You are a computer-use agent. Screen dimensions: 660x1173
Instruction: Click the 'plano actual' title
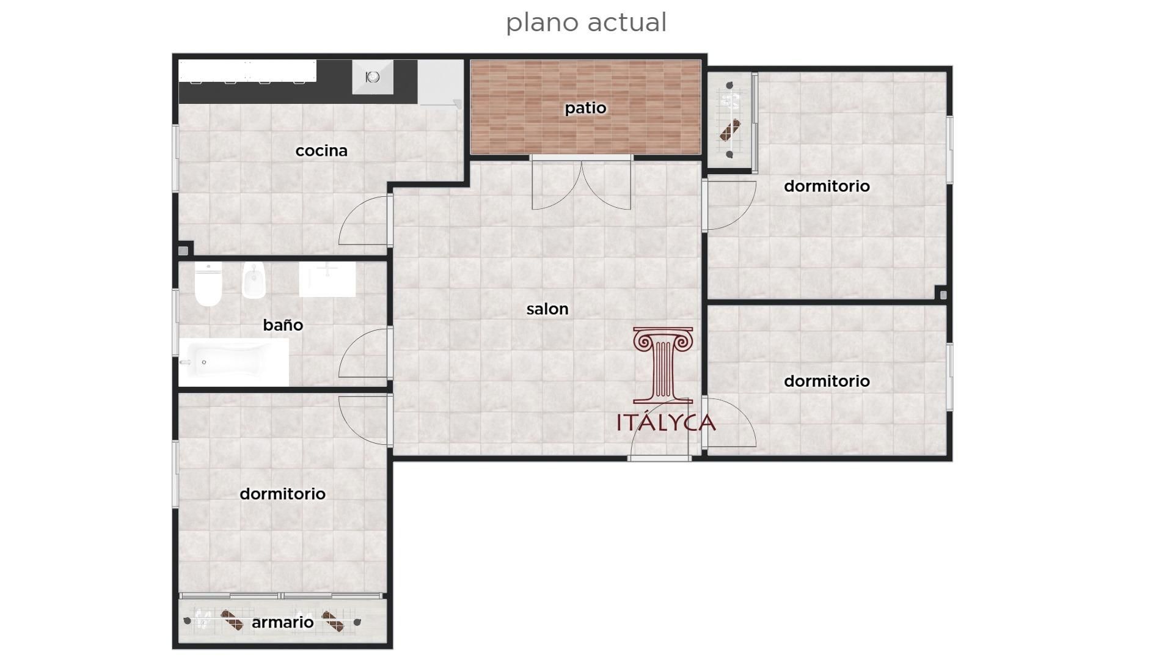(586, 23)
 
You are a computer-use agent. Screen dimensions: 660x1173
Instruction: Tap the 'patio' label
(585, 108)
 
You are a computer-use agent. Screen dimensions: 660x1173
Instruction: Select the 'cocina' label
(321, 150)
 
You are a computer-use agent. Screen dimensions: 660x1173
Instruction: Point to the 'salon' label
(547, 309)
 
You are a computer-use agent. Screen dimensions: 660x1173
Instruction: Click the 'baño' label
(283, 325)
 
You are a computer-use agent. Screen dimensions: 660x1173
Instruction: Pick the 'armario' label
(282, 622)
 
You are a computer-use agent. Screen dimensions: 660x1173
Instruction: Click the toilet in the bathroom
(208, 285)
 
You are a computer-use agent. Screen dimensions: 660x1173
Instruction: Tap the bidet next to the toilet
(253, 281)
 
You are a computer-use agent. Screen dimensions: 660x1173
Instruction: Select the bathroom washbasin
(327, 279)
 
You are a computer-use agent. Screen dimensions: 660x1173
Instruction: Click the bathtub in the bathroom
(233, 362)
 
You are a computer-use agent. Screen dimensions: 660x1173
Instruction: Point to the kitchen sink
(373, 77)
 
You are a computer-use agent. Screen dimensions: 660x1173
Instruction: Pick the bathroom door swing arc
(363, 354)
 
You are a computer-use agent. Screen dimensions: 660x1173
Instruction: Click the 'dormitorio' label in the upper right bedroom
(827, 186)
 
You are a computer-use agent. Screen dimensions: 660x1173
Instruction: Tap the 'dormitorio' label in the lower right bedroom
(827, 381)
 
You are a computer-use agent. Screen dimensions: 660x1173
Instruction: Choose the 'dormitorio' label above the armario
(282, 494)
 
